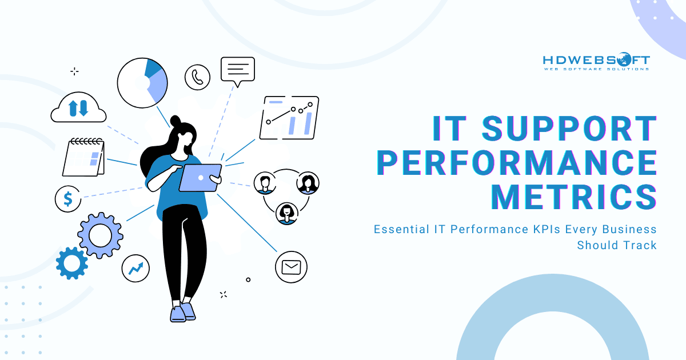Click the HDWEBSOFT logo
tap(596, 62)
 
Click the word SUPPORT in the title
tap(568, 129)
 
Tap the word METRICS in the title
tap(574, 196)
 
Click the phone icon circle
tap(198, 77)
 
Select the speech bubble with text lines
tap(237, 70)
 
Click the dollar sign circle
tap(68, 199)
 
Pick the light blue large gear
tap(101, 234)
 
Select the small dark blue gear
tap(71, 263)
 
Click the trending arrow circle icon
tap(135, 267)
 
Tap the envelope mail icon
tap(291, 267)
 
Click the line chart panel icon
tap(289, 118)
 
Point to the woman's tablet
tap(200, 178)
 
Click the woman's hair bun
tap(176, 121)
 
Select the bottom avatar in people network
tap(286, 213)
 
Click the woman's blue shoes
tap(182, 312)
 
